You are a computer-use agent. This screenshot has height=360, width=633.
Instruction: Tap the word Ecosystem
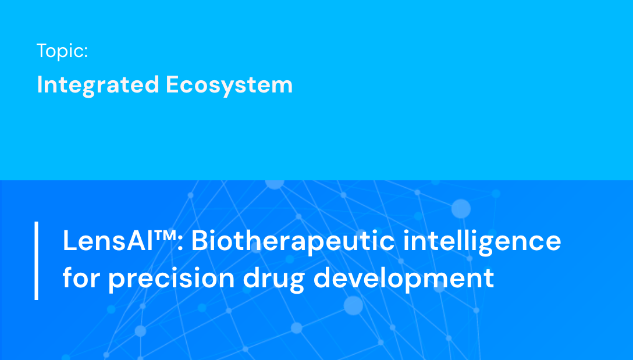coord(229,85)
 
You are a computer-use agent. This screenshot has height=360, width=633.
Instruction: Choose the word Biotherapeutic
coord(293,241)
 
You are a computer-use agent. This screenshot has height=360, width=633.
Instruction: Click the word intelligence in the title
coord(482,241)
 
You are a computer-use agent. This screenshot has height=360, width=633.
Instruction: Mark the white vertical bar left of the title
coord(37,261)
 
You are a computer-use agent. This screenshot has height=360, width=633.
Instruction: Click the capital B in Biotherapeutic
coord(200,241)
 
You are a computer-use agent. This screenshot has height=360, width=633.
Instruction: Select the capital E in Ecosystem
coord(173,85)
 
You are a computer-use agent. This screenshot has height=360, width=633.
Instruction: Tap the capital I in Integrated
coord(40,85)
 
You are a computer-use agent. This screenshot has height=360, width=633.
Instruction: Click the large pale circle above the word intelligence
coord(461,208)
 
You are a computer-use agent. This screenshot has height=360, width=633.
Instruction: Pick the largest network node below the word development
coord(353,305)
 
